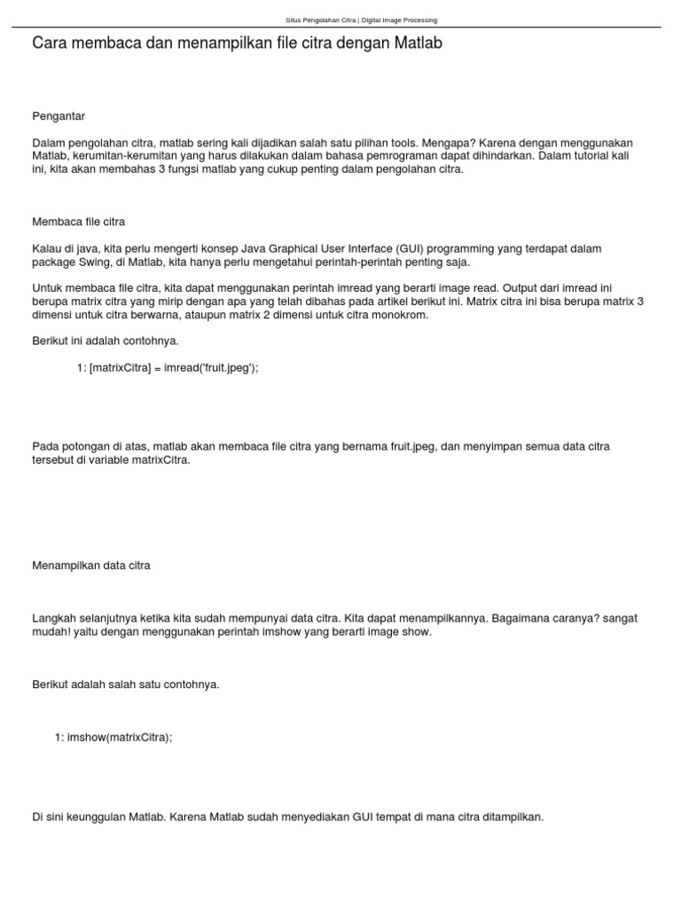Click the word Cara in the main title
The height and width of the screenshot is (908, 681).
(x=50, y=43)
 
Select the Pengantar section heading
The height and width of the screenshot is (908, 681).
(x=59, y=116)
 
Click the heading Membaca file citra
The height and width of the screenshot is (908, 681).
(x=78, y=221)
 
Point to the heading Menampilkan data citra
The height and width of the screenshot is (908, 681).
(x=90, y=565)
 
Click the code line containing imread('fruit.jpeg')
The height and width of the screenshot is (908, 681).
(x=168, y=368)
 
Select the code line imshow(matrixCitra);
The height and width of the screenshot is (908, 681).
(x=113, y=737)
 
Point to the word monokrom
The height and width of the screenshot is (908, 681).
(x=402, y=315)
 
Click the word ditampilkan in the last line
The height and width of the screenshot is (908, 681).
(x=513, y=817)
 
